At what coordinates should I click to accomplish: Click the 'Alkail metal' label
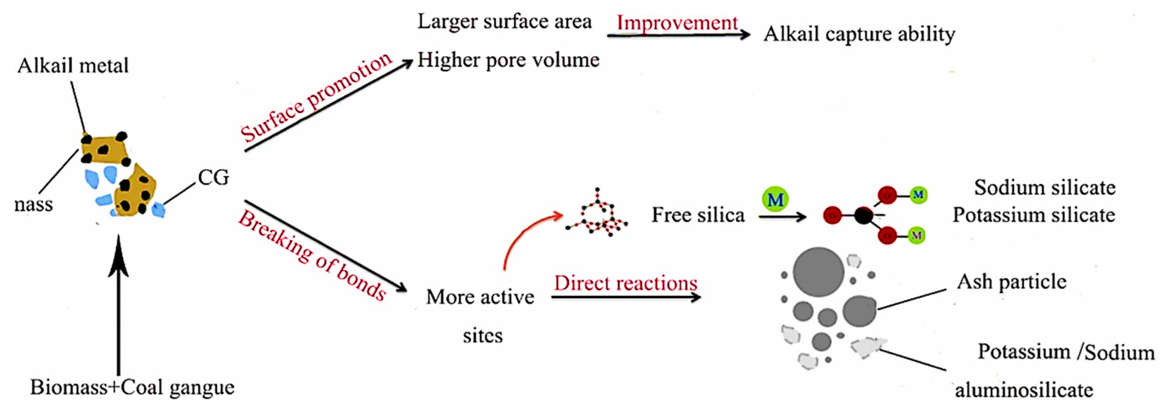click(x=73, y=66)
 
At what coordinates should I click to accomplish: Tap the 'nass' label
click(x=34, y=205)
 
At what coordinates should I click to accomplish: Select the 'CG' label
click(x=213, y=178)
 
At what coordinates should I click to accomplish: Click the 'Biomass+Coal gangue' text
click(x=132, y=387)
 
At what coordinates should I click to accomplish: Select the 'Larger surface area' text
click(x=504, y=21)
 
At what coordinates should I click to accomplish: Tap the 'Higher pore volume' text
click(x=508, y=60)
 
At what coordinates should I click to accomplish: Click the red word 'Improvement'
click(x=677, y=23)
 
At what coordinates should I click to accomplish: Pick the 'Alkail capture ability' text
click(x=859, y=34)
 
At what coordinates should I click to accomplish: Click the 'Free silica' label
click(x=698, y=215)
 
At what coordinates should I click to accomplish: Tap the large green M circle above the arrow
click(x=775, y=200)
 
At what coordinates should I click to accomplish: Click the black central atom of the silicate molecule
click(x=863, y=215)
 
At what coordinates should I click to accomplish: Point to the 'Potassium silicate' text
click(x=1034, y=215)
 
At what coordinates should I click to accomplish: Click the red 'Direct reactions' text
click(x=625, y=283)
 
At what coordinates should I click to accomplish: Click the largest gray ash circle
click(x=818, y=272)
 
